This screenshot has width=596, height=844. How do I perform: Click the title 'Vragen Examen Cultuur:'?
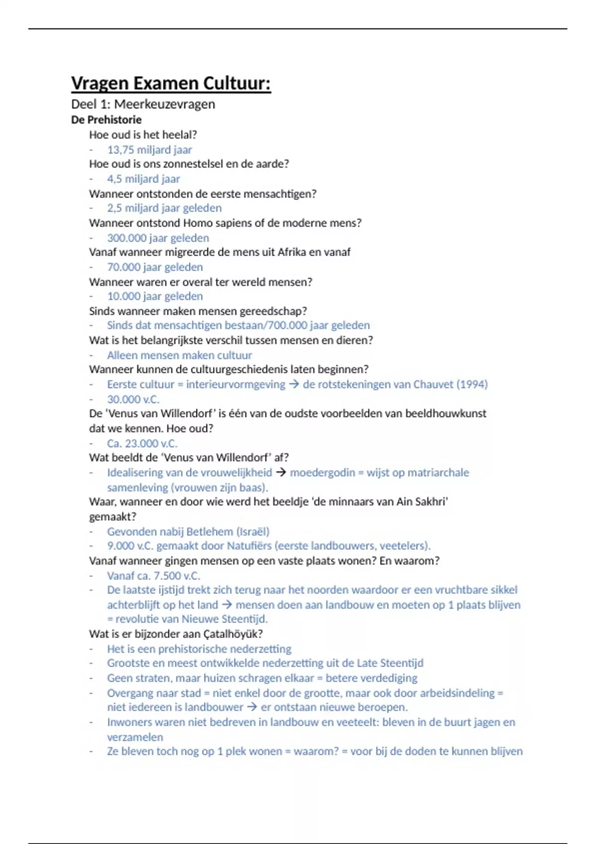tap(171, 83)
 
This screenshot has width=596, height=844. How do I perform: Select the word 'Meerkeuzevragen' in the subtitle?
tap(164, 104)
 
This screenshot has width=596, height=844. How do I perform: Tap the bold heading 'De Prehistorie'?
tap(106, 120)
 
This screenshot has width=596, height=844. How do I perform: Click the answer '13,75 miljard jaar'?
tap(149, 149)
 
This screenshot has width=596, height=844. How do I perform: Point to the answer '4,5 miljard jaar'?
tap(144, 179)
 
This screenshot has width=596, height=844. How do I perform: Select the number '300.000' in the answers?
tap(123, 238)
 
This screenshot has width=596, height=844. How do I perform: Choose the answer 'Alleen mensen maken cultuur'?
tap(179, 355)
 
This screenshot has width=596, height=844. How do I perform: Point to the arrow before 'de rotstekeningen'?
tap(294, 384)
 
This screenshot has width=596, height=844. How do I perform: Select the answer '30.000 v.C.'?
tap(133, 399)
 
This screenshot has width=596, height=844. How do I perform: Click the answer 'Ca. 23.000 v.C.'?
tap(142, 443)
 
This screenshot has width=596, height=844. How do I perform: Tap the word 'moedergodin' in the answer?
tap(322, 473)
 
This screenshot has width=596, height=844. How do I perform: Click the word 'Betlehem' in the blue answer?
tap(211, 532)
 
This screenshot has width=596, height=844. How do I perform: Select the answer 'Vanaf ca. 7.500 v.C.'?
tap(153, 576)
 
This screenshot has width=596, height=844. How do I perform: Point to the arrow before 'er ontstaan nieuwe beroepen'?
tap(252, 707)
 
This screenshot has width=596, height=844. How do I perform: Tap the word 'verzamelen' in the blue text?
tap(135, 737)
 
